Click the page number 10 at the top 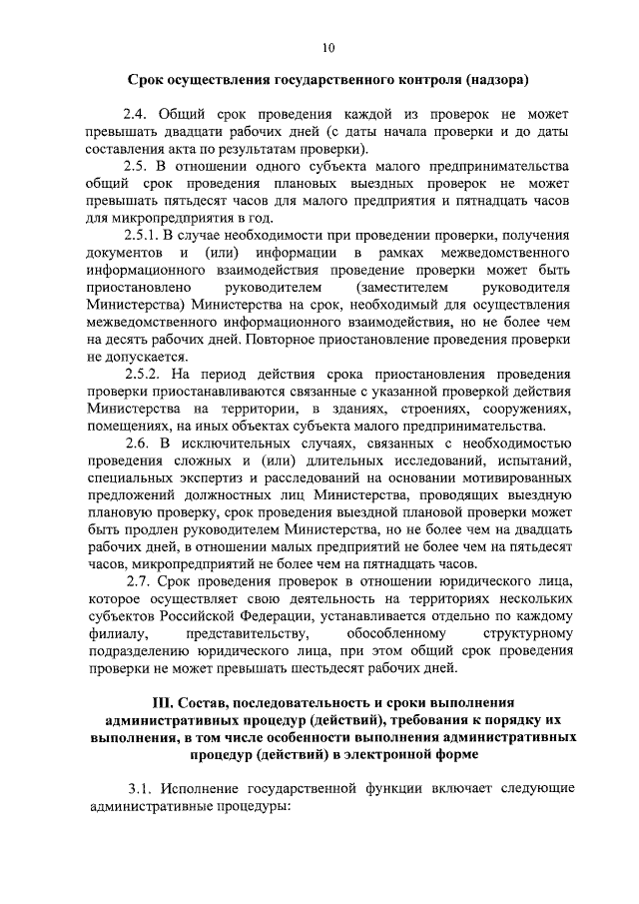[x=328, y=45]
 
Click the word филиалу [x=116, y=634]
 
